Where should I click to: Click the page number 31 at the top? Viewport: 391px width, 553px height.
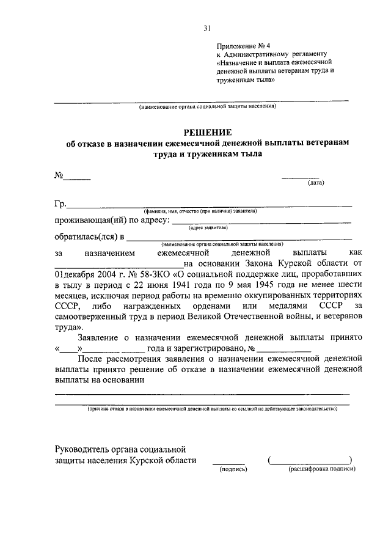point(207,28)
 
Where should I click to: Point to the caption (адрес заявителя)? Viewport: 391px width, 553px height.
point(208,227)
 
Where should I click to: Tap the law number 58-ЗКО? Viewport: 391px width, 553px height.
point(147,273)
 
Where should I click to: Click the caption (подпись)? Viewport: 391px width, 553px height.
point(233,469)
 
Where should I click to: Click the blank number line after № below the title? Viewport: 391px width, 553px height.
point(78,178)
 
